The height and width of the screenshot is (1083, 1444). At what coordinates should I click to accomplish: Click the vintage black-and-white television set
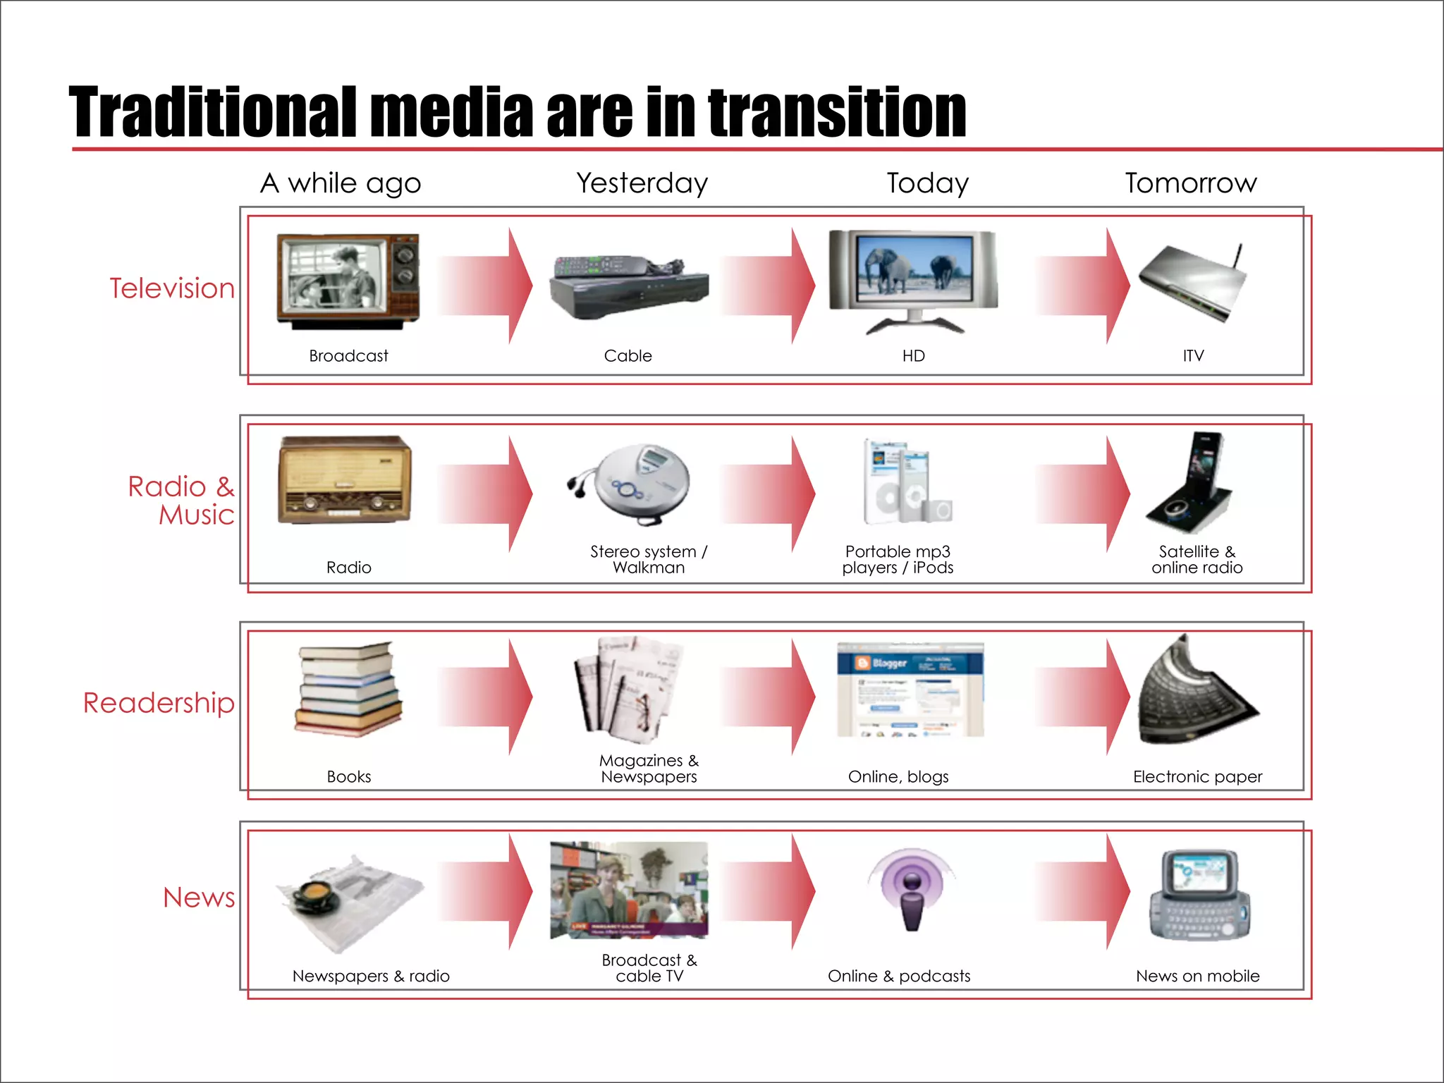(348, 281)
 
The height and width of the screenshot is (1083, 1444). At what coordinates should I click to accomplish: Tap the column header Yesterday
(642, 183)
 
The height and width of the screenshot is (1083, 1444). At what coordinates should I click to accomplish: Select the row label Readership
(159, 703)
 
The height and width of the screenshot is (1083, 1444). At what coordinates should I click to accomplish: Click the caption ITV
(1193, 356)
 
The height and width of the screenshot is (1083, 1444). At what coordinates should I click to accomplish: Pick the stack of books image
(348, 689)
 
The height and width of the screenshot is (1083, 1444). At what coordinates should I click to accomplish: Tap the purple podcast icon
(912, 889)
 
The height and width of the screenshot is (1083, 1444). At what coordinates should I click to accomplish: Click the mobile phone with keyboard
(1199, 895)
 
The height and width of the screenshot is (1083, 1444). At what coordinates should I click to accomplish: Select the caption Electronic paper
(1197, 777)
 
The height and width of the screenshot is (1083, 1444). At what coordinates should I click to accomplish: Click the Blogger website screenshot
(910, 689)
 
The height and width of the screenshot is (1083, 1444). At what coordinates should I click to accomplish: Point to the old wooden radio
(345, 481)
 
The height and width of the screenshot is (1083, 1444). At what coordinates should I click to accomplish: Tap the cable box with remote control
(628, 286)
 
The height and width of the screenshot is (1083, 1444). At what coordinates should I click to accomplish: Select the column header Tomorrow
(1191, 183)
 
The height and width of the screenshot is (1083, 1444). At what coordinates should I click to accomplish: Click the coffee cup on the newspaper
(315, 893)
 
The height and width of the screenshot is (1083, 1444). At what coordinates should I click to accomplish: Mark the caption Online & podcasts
(899, 977)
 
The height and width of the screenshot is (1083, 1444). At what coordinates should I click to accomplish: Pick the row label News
(199, 898)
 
